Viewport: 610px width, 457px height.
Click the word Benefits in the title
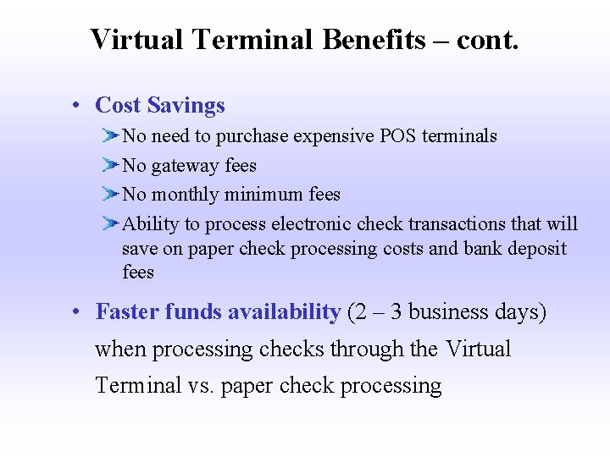(374, 39)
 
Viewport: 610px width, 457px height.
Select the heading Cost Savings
(160, 105)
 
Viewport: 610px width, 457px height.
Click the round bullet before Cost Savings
(76, 106)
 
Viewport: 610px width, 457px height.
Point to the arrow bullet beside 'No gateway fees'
(111, 165)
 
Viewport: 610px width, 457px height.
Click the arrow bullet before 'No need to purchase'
(111, 135)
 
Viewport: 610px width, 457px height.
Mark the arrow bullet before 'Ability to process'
(111, 224)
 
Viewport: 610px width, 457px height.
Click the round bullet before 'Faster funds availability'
(76, 312)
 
